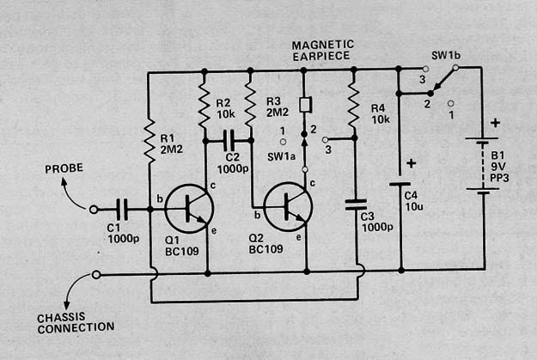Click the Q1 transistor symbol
coord(189,209)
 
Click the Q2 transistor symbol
coord(288,207)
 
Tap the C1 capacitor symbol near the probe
coord(122,210)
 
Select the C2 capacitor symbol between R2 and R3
coord(229,140)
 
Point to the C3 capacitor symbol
coord(356,204)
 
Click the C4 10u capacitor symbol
coord(400,185)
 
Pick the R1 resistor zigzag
coord(150,140)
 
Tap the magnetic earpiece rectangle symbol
coord(305,105)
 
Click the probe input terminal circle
coord(94,210)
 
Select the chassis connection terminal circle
coord(96,275)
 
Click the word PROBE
coord(64,168)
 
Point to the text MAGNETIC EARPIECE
coord(322,51)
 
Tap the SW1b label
coord(446,56)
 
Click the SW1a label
coord(281,157)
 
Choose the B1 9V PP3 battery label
coord(500,167)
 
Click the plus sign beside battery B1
coord(495,123)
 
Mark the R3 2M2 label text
coord(278,107)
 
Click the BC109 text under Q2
coord(265,249)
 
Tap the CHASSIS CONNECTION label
coord(76,323)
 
